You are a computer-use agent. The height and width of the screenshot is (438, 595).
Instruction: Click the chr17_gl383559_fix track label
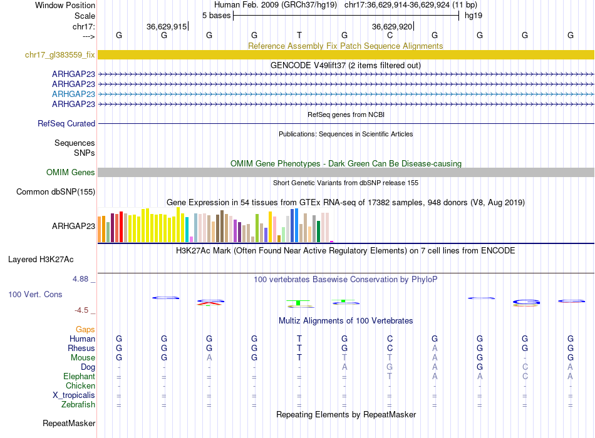(60, 55)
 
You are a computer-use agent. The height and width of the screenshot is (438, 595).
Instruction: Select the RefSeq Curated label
(66, 124)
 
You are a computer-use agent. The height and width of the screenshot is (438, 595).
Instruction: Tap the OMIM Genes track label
(71, 172)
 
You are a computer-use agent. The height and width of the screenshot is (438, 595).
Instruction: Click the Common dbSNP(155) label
(56, 192)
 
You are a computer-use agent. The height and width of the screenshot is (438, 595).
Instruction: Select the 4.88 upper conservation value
(84, 279)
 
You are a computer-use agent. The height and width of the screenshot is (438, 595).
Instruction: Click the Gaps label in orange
(85, 329)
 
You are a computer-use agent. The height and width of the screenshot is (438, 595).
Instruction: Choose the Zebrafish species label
(78, 404)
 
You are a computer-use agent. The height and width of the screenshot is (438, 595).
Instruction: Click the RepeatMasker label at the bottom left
(69, 424)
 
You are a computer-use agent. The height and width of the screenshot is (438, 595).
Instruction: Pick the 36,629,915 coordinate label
(166, 26)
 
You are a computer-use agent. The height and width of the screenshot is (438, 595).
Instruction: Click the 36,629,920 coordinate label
(392, 26)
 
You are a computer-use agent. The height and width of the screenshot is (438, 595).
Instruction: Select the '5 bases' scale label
(216, 15)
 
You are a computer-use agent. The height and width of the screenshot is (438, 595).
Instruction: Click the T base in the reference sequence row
(299, 35)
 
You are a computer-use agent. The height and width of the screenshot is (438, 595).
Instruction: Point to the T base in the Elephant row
(390, 376)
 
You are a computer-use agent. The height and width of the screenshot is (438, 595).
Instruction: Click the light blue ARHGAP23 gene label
(74, 94)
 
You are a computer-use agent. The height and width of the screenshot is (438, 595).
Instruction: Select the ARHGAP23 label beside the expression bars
(74, 227)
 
